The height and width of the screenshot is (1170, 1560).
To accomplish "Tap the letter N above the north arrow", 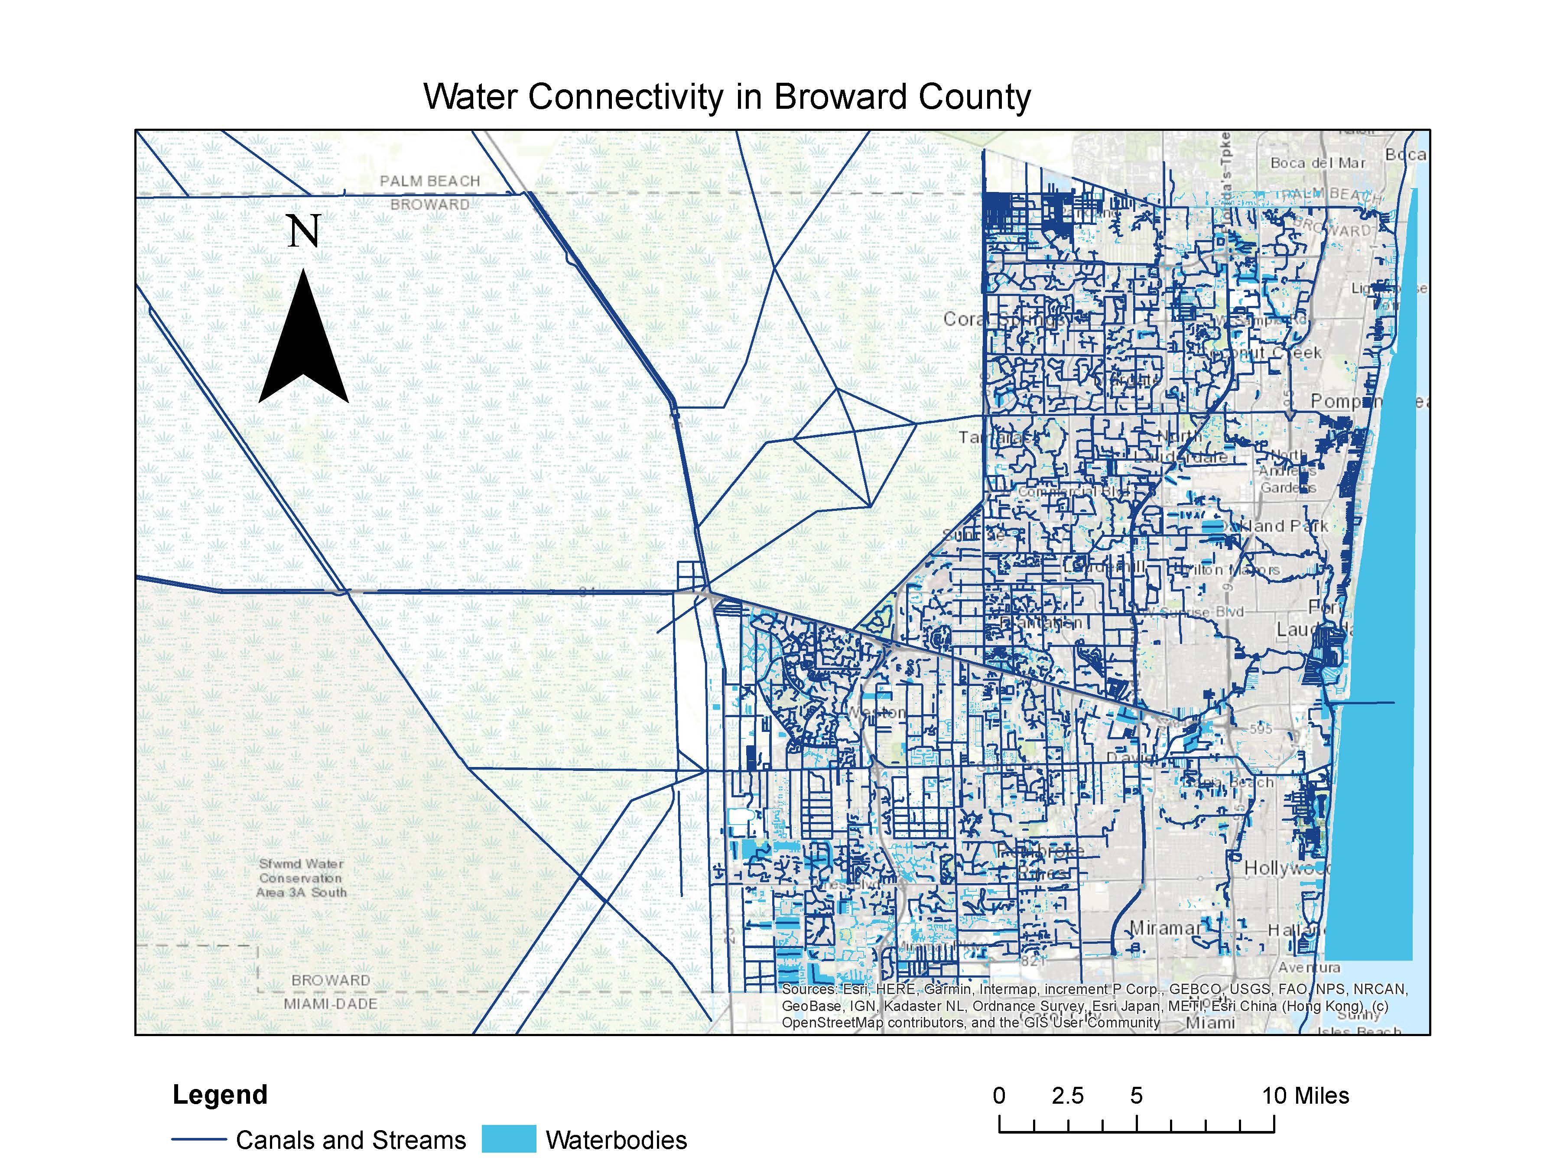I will [x=304, y=231].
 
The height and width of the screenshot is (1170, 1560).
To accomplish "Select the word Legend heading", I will [x=220, y=1095].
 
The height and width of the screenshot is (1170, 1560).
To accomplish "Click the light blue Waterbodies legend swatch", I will [x=508, y=1140].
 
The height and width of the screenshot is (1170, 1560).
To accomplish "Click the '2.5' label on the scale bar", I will [x=1067, y=1096].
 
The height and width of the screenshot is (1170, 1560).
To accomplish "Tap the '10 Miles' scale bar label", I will [x=1305, y=1096].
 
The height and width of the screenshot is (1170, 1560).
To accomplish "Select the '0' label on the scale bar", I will [x=999, y=1096].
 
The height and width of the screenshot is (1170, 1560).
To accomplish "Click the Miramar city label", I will [x=1165, y=928].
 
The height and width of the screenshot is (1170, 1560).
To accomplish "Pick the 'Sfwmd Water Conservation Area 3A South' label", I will [x=302, y=878].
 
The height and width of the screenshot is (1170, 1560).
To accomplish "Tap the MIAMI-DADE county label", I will [x=331, y=1004].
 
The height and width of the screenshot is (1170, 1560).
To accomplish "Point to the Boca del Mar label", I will [x=1317, y=163].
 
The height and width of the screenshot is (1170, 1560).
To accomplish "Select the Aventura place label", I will [x=1309, y=967].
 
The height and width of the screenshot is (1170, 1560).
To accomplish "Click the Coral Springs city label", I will [x=1001, y=319].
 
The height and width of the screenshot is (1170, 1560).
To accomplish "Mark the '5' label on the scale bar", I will [x=1136, y=1096].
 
